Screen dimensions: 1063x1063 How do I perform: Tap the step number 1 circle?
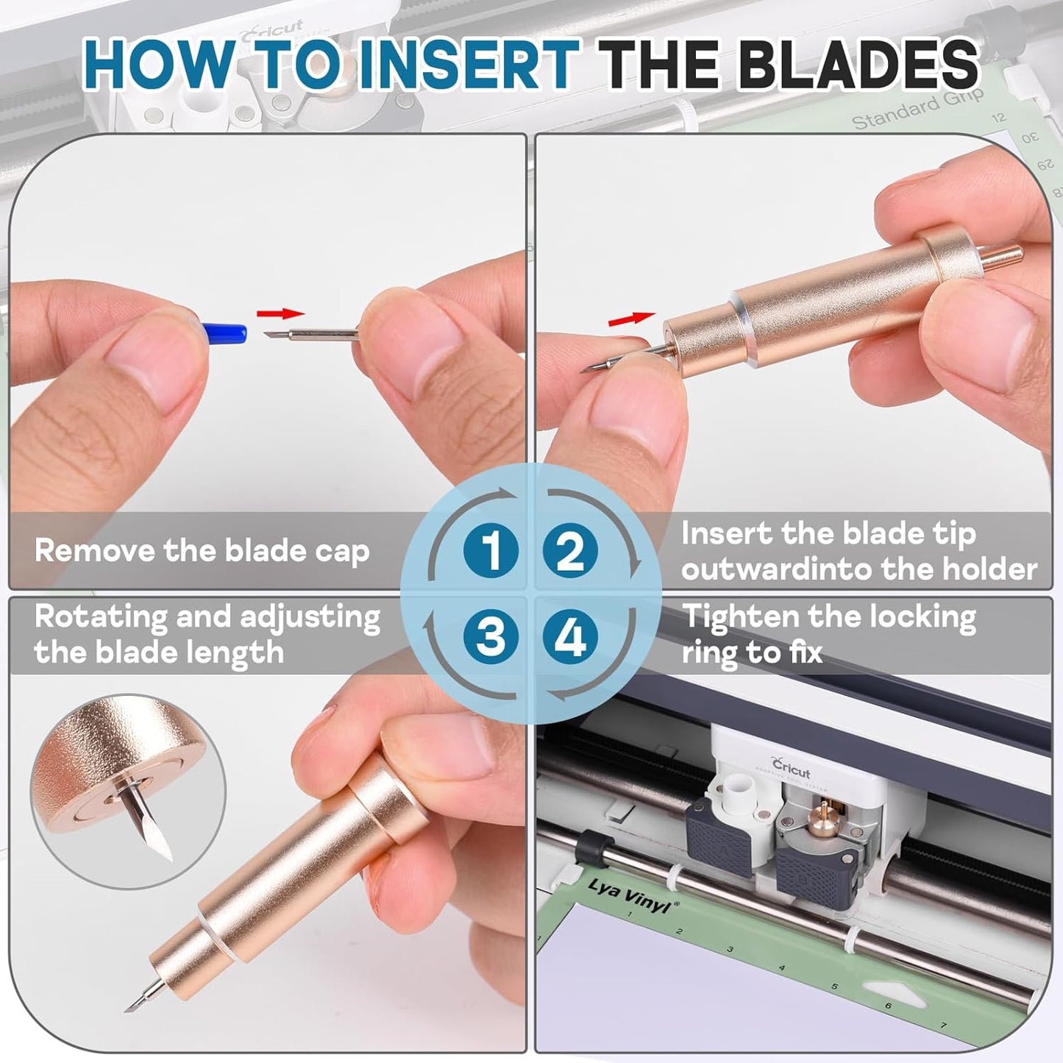[491, 550]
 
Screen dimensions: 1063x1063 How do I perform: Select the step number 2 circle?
[570, 550]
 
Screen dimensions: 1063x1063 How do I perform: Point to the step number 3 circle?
[491, 636]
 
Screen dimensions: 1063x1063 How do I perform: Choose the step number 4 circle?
[570, 636]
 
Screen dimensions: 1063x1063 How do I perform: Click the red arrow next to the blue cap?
[281, 314]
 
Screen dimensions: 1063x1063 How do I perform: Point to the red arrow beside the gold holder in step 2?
[632, 319]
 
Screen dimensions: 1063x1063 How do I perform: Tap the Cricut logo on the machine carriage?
[791, 767]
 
